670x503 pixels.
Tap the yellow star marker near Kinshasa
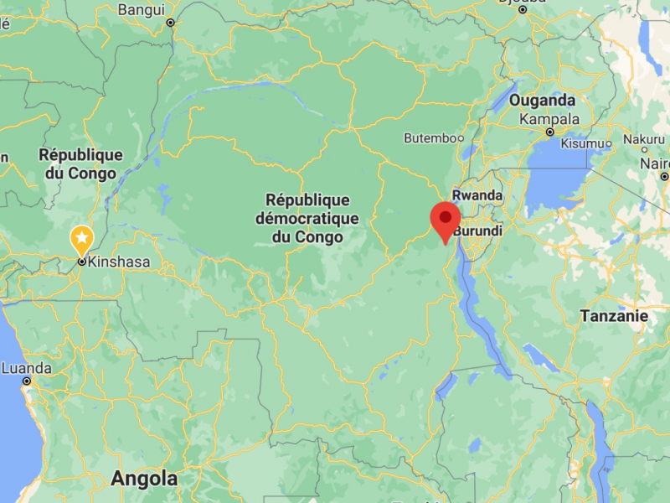pos(81,240)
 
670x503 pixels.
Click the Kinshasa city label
pos(119,262)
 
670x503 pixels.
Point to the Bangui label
pos(142,10)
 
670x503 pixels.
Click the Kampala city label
pos(549,118)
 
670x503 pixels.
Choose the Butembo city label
pos(429,137)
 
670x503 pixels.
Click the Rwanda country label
pos(477,195)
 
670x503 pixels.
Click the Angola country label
pos(144,479)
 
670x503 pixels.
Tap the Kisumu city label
pos(581,143)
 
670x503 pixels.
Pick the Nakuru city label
pos(643,138)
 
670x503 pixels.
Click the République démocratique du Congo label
pos(307,219)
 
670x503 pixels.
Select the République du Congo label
pos(80,164)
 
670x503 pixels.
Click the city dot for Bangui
pos(170,23)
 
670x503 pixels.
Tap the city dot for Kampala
pos(550,132)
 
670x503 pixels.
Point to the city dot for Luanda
pos(27,381)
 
